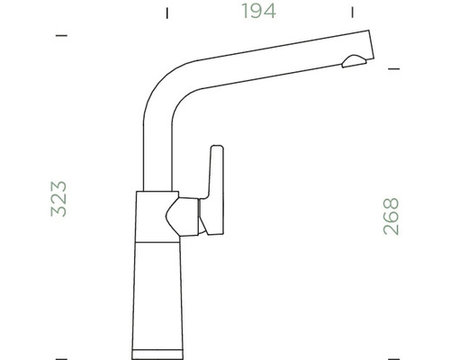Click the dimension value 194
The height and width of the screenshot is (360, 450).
tap(258, 12)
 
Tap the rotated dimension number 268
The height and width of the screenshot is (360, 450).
tap(391, 216)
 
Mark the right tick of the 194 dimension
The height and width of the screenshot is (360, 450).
tap(350, 13)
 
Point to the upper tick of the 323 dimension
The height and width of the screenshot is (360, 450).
tap(61, 36)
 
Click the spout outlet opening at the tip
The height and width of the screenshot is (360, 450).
tap(354, 61)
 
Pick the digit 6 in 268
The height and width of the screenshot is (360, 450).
tap(391, 216)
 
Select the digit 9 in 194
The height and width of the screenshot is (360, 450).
tap(257, 12)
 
